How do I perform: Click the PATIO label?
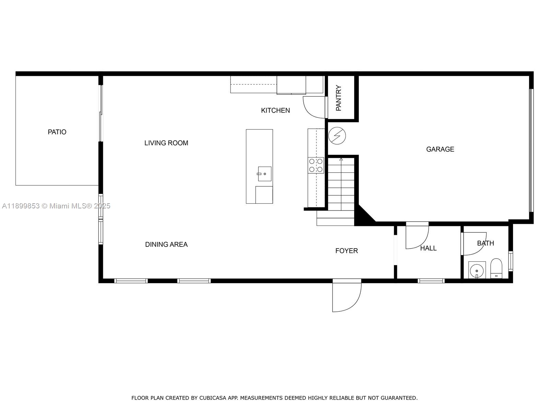coord(57,132)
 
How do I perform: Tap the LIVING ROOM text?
coord(166,143)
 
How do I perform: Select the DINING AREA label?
coord(166,244)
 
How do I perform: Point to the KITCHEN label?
coord(275,110)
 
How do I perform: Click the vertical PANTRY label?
coord(339,98)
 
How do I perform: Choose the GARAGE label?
coord(440,149)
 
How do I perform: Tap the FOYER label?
coord(346,251)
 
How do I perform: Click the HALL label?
coord(428,248)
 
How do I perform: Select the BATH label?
coord(485,243)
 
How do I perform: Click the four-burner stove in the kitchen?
coord(316,165)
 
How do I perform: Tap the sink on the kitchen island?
coord(265,174)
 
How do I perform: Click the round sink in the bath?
coord(477,270)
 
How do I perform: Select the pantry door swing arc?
coord(313,107)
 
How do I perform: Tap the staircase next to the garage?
coord(341,185)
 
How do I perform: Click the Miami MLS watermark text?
coord(56,206)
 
